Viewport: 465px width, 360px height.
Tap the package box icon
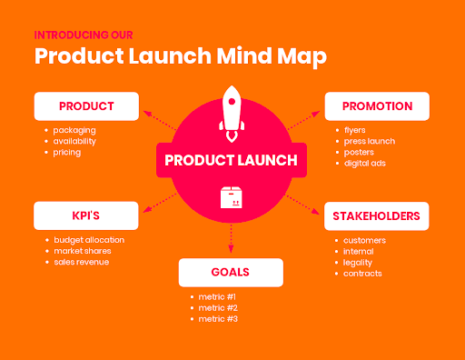point(232,197)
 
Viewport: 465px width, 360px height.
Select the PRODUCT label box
point(86,105)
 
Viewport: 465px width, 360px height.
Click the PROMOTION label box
point(376,105)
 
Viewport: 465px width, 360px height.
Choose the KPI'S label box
point(86,215)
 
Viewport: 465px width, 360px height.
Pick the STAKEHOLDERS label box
point(376,215)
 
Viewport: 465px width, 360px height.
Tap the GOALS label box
point(231,272)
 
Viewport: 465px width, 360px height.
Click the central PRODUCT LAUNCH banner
point(231,160)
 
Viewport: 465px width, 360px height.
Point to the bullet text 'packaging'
point(74,130)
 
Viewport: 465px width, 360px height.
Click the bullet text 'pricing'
point(67,152)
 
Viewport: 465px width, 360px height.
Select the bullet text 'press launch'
point(369,141)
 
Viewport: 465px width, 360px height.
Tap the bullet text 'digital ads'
point(365,163)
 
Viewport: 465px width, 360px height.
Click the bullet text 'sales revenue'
point(82,262)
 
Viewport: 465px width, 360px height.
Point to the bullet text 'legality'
point(359,262)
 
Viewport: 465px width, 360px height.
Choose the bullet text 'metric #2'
point(219,307)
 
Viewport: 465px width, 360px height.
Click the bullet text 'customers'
point(364,240)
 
